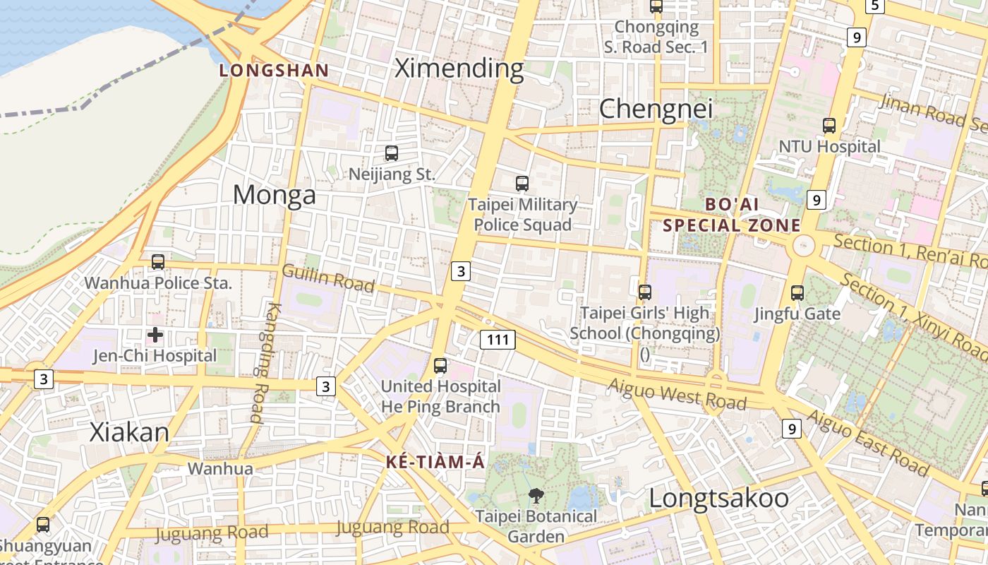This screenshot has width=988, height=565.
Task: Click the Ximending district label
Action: coord(459,69)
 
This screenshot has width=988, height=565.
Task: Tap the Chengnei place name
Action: coord(656,109)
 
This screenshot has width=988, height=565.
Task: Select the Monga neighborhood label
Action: coord(275,194)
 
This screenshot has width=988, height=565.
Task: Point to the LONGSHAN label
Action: coord(274,71)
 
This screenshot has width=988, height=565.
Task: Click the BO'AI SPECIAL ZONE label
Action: coord(733,215)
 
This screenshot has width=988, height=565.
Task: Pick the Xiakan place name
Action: coord(129,432)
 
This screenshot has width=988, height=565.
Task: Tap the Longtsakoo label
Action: coord(718,498)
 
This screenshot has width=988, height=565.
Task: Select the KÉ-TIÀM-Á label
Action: coord(435,463)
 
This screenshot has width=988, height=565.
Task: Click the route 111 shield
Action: coord(498,340)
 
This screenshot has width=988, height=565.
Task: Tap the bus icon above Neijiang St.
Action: coord(392,153)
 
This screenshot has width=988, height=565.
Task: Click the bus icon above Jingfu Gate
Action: coord(797,292)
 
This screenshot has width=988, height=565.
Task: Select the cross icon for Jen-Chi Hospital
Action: coord(155,335)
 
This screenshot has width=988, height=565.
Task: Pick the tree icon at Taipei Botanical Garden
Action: coord(536,496)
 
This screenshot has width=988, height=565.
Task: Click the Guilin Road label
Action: coord(328,278)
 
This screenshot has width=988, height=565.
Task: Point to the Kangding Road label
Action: coord(263,362)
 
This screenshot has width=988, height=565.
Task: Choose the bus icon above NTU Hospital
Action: coord(829,126)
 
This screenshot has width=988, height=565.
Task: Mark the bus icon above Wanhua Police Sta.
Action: coord(158,262)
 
